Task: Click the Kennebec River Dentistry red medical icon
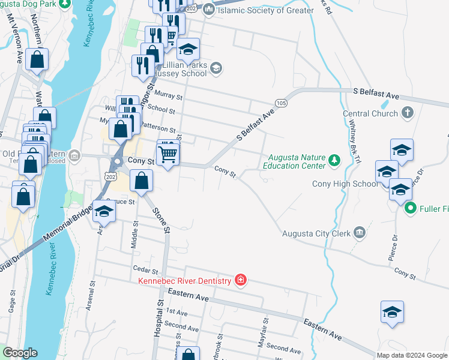[x=241, y=281]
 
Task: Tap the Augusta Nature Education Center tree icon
[x=334, y=160]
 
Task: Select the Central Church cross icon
[x=407, y=113]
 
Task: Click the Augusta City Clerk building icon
[x=359, y=232]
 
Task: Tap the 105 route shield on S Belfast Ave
[x=281, y=103]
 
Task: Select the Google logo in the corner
[x=19, y=353]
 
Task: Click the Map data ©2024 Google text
[x=412, y=355]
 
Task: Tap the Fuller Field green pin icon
[x=411, y=209]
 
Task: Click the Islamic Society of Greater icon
[x=208, y=9]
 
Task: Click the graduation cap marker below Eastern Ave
[x=392, y=312]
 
